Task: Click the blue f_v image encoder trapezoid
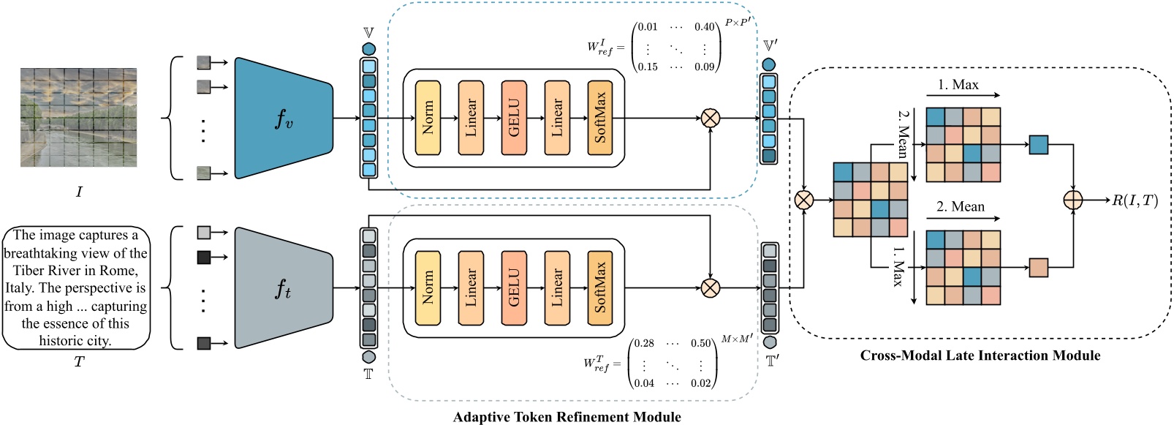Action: [283, 118]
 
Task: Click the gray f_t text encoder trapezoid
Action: [283, 288]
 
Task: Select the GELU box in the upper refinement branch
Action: [514, 118]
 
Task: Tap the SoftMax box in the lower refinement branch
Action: [600, 287]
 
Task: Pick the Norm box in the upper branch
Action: [428, 118]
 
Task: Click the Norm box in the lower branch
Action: [428, 287]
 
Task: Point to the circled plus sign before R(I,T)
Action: [1073, 199]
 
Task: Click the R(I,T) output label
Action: [1135, 200]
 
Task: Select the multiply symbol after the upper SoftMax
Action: [711, 118]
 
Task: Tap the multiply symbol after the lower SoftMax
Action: [711, 287]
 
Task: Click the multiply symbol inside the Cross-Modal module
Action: [803, 200]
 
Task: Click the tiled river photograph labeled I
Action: [78, 118]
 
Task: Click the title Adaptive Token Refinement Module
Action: [567, 417]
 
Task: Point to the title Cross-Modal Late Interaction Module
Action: [980, 356]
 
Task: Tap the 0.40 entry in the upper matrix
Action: [704, 27]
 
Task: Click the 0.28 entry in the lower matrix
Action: [644, 343]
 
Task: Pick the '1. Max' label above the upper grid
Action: [958, 85]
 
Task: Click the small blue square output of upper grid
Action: [1038, 145]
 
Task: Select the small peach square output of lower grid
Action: [1038, 267]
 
